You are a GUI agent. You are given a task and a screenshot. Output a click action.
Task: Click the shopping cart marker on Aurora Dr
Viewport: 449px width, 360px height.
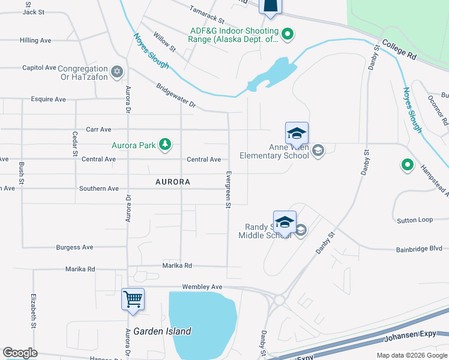point(133,299)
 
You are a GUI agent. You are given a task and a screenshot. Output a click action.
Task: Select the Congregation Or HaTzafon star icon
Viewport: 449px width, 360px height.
point(117,72)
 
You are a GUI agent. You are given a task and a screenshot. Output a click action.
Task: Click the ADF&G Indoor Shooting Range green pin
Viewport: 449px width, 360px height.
point(288,34)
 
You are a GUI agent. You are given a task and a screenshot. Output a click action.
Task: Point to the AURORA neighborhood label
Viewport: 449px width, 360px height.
point(172,181)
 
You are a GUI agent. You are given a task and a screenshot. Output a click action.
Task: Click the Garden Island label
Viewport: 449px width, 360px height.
point(162,331)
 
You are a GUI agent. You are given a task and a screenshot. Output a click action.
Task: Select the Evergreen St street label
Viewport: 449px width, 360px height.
point(228,189)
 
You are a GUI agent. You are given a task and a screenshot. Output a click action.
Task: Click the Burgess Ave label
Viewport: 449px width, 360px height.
point(74,247)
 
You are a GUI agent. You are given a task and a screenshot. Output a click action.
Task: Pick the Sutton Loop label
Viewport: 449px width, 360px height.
point(415,220)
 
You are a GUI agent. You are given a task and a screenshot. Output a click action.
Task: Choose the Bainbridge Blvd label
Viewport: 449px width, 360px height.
point(418,248)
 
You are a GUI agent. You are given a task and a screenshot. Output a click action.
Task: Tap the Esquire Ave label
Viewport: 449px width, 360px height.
point(47,99)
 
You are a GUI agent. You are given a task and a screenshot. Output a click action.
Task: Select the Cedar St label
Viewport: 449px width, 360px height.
point(75,144)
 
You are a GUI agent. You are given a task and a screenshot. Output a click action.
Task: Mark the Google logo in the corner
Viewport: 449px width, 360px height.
point(20,353)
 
